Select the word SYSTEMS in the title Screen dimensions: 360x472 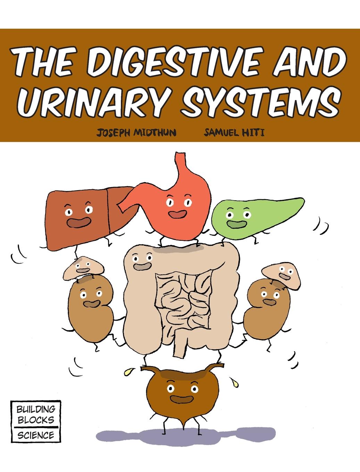pyautogui.click(x=261, y=102)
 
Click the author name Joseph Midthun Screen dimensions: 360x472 pyautogui.click(x=136, y=133)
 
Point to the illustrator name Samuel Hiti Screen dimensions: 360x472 pyautogui.click(x=234, y=133)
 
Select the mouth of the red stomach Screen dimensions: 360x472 pyautogui.click(x=177, y=214)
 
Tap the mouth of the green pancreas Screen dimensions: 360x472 pyautogui.click(x=237, y=224)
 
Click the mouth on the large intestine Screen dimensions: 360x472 pyautogui.click(x=142, y=266)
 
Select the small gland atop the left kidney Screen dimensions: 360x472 pyautogui.click(x=84, y=268)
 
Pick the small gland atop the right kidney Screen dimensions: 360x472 pyautogui.click(x=281, y=276)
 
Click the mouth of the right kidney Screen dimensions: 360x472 pyautogui.click(x=269, y=302)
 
